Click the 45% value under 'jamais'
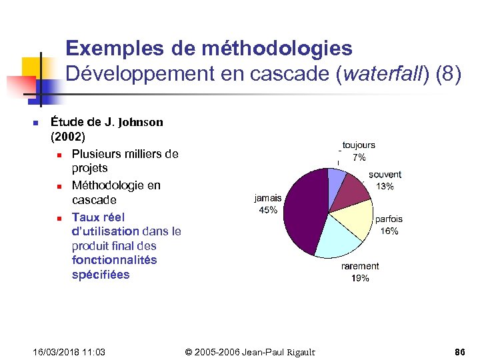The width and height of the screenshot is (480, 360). click(268, 211)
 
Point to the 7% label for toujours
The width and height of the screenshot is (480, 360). click(359, 157)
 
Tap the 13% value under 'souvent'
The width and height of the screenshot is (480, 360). click(385, 187)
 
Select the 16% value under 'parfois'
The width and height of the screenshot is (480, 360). click(389, 231)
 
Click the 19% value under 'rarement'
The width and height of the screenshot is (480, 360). click(360, 278)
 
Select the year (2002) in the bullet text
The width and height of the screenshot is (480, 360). click(68, 137)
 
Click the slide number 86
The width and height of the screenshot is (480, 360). click(459, 351)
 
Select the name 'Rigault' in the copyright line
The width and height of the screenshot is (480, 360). click(297, 351)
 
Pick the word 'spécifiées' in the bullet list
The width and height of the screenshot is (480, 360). click(101, 275)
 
